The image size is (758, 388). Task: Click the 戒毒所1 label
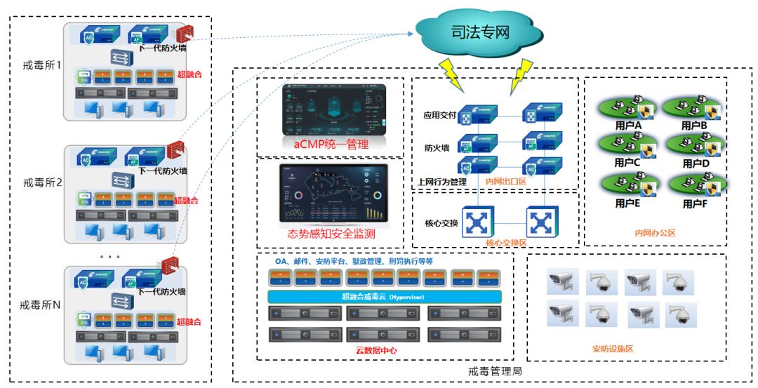(x=44, y=65)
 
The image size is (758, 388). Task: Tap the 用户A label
(x=628, y=126)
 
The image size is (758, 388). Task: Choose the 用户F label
(x=696, y=203)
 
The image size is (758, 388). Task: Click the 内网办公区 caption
(x=655, y=233)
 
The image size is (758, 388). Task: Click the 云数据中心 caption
(x=378, y=349)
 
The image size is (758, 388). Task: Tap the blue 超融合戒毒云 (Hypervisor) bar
(x=385, y=297)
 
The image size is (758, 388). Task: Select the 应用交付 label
(x=440, y=114)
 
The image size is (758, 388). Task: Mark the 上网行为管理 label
(x=442, y=182)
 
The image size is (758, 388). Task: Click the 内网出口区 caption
(x=505, y=182)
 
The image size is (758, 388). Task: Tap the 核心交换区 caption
(x=505, y=242)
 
